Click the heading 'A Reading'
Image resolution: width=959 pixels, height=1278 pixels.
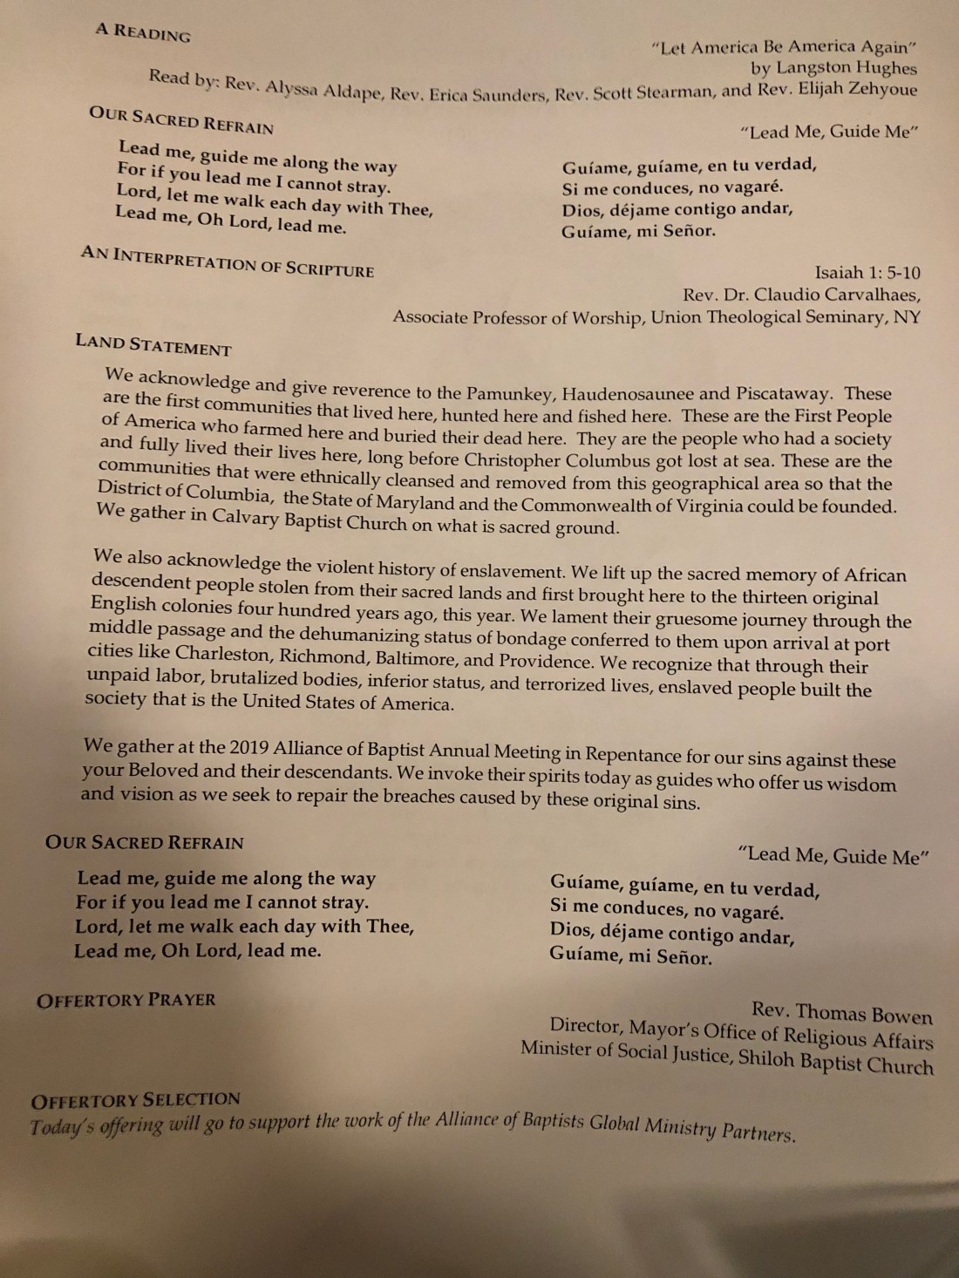[x=143, y=32]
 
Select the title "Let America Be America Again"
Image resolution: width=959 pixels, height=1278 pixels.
[x=784, y=47]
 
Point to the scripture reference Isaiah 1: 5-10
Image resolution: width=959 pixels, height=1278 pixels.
[x=867, y=273]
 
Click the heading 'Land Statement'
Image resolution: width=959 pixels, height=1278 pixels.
[x=153, y=345]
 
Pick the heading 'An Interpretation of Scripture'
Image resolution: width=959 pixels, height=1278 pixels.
[x=228, y=262]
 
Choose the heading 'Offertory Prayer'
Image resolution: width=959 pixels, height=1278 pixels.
[x=126, y=1000]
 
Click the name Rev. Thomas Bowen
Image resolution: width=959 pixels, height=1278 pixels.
[x=842, y=1013]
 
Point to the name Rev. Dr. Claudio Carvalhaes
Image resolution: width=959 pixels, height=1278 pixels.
[x=801, y=295]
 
